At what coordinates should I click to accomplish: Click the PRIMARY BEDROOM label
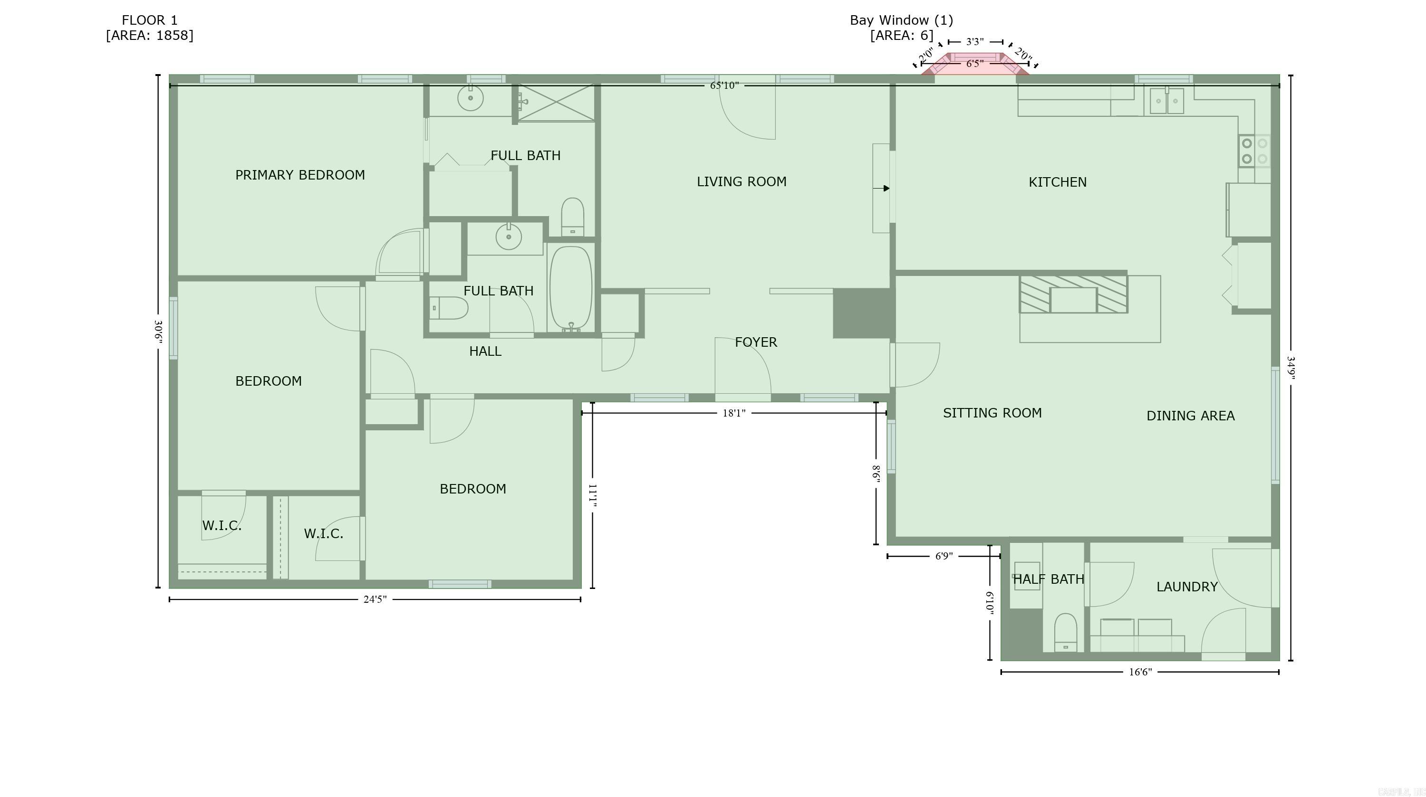[x=300, y=175]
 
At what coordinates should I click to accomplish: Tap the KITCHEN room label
[x=1057, y=182]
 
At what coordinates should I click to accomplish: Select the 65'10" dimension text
[x=724, y=85]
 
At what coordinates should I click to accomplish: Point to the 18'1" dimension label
[x=733, y=413]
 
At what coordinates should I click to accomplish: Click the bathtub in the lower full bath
[x=571, y=289]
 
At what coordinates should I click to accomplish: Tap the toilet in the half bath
[x=1065, y=632]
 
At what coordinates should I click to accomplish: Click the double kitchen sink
[x=1166, y=101]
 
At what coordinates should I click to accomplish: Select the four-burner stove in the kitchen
[x=1254, y=151]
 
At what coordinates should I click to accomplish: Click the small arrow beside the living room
[x=882, y=189]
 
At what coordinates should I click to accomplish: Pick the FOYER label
[x=756, y=342]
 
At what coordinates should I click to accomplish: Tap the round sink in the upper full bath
[x=471, y=98]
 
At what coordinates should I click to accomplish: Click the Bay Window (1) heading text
[x=901, y=20]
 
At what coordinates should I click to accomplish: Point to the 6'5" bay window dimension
[x=974, y=64]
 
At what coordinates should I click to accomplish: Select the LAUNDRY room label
[x=1187, y=587]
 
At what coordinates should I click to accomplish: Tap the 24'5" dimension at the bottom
[x=375, y=599]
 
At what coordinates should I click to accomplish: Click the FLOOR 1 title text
[x=149, y=20]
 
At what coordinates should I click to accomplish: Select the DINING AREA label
[x=1190, y=416]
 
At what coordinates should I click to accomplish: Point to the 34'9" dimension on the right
[x=1291, y=367]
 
